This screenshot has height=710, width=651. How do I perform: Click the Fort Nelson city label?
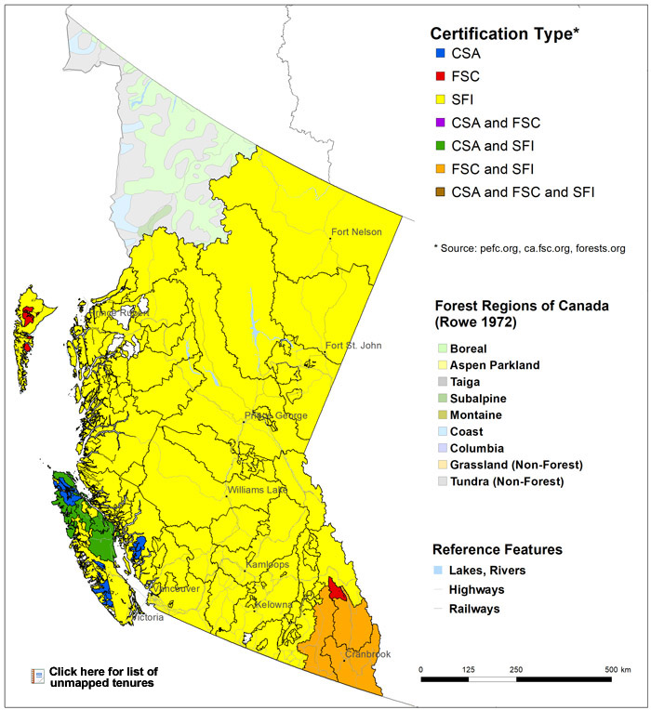(356, 231)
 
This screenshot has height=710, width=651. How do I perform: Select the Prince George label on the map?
(275, 415)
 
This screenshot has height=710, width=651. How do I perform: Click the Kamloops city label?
(269, 564)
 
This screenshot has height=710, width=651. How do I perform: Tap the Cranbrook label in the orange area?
(366, 654)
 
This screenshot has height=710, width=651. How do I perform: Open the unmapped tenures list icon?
(38, 676)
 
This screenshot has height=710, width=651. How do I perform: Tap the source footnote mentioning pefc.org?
(529, 248)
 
